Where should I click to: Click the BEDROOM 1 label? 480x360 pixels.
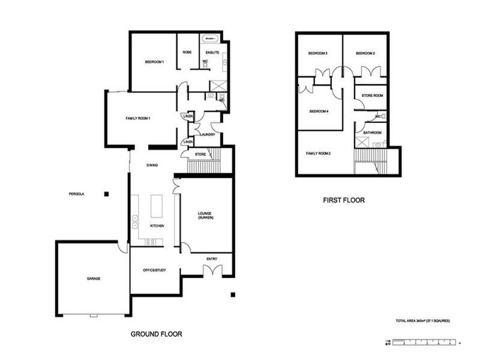point(154,62)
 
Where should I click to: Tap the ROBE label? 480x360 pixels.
point(187,52)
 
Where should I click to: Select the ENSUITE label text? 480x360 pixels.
point(212,52)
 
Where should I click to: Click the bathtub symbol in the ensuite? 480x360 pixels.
point(211,39)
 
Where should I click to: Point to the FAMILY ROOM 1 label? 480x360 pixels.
point(137,118)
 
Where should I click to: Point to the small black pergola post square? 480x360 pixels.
point(106,194)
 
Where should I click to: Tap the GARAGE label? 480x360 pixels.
point(92,278)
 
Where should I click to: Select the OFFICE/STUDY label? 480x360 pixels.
point(154,271)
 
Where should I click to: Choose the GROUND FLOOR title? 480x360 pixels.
point(156,334)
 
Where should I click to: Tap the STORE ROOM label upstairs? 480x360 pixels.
point(372,95)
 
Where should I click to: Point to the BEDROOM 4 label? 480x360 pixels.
point(318,112)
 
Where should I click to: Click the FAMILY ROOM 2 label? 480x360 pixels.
point(319,154)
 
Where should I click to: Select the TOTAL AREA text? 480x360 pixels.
point(423,321)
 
